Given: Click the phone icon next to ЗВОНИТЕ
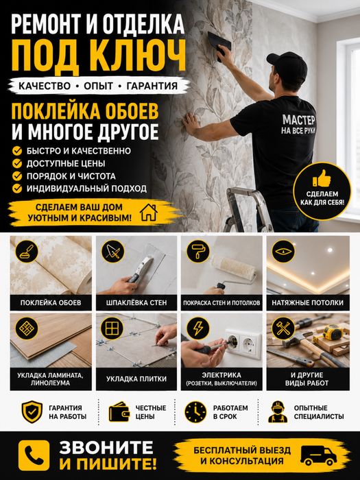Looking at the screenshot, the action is (34, 455).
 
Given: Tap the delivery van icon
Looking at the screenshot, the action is (318, 455).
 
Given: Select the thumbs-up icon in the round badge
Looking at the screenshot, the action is (322, 178).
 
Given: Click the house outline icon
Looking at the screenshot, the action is (149, 212).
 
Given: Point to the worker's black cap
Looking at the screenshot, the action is (288, 66).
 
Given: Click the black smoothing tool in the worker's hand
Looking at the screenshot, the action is (219, 43).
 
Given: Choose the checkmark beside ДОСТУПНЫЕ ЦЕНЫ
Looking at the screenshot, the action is (17, 163).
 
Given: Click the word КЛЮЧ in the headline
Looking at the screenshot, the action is (138, 57).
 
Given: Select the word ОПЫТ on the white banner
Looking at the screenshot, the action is (99, 86).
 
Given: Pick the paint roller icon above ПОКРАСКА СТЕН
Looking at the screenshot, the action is (198, 251).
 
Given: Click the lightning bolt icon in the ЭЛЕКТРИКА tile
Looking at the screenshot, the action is (198, 328).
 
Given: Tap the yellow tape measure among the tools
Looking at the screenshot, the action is (331, 333).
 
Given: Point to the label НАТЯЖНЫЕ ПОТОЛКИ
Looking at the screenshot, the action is (308, 303).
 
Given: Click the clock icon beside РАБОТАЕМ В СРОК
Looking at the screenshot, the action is (195, 412).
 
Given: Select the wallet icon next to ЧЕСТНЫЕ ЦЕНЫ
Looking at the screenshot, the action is (120, 412).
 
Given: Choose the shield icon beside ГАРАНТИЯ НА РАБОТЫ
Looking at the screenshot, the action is (32, 412).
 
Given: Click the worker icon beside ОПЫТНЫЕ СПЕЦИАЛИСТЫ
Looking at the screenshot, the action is (278, 412).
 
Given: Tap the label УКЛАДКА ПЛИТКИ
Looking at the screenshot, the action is (136, 379).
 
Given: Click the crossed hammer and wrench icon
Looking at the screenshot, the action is (283, 328).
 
